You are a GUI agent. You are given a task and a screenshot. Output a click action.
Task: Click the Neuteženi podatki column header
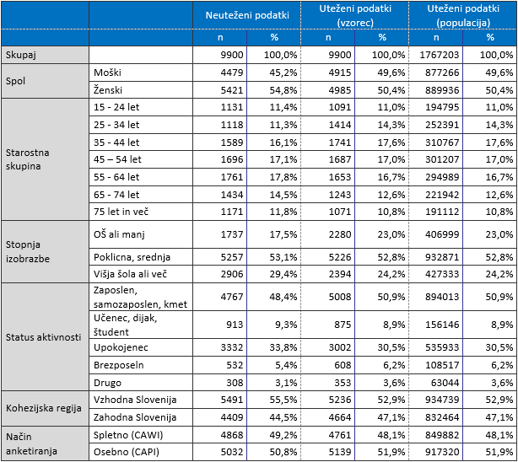click(x=247, y=15)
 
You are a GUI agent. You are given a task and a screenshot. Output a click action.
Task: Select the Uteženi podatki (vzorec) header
click(x=355, y=15)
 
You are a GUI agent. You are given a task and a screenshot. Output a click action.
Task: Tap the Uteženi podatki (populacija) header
click(x=463, y=15)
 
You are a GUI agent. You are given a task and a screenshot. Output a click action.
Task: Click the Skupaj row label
click(x=20, y=55)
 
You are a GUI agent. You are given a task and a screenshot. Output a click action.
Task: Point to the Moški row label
click(x=107, y=73)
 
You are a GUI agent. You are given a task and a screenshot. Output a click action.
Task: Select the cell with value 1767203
click(x=440, y=55)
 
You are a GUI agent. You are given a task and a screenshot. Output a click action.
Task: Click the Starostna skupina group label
click(x=28, y=159)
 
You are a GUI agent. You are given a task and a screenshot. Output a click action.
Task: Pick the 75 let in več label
click(x=121, y=212)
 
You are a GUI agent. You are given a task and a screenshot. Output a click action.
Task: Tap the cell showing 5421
click(x=232, y=90)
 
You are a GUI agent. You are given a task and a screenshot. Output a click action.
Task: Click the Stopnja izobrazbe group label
click(x=28, y=251)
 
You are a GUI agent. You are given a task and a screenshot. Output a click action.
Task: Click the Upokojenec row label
click(x=121, y=347)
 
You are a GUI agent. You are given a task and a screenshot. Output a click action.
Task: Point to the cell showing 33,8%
click(x=281, y=347)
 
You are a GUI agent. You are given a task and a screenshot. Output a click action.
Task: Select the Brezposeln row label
click(x=119, y=365)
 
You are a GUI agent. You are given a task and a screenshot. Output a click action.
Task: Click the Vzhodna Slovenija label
click(x=135, y=400)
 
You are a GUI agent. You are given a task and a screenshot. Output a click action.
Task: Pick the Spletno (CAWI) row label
click(x=128, y=435)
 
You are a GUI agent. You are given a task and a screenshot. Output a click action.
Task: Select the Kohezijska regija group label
click(x=44, y=408)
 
